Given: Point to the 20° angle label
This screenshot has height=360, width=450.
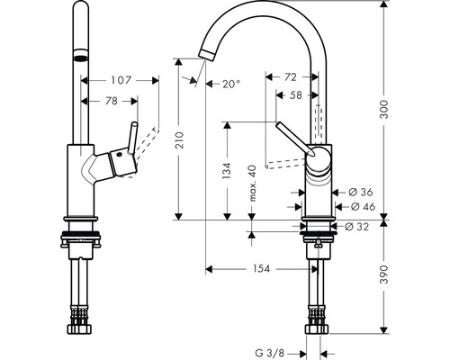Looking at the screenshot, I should pyautogui.click(x=230, y=84).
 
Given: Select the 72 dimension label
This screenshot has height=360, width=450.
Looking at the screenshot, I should pyautogui.click(x=290, y=78).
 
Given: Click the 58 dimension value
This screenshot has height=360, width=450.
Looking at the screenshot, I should pyautogui.click(x=294, y=94).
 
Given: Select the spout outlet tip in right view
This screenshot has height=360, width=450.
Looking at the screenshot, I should pyautogui.click(x=205, y=57).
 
